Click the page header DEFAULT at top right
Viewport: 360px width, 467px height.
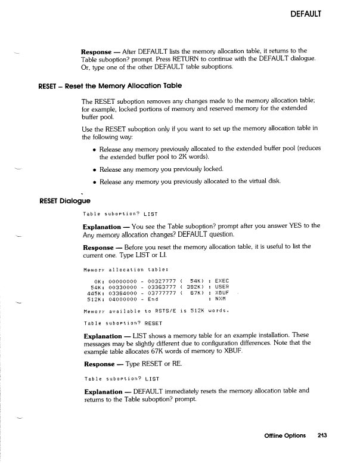click(306, 13)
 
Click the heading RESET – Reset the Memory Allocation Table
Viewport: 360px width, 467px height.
click(110, 86)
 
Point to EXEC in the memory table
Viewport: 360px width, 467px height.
click(221, 280)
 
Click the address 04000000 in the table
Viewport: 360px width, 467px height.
click(125, 300)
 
